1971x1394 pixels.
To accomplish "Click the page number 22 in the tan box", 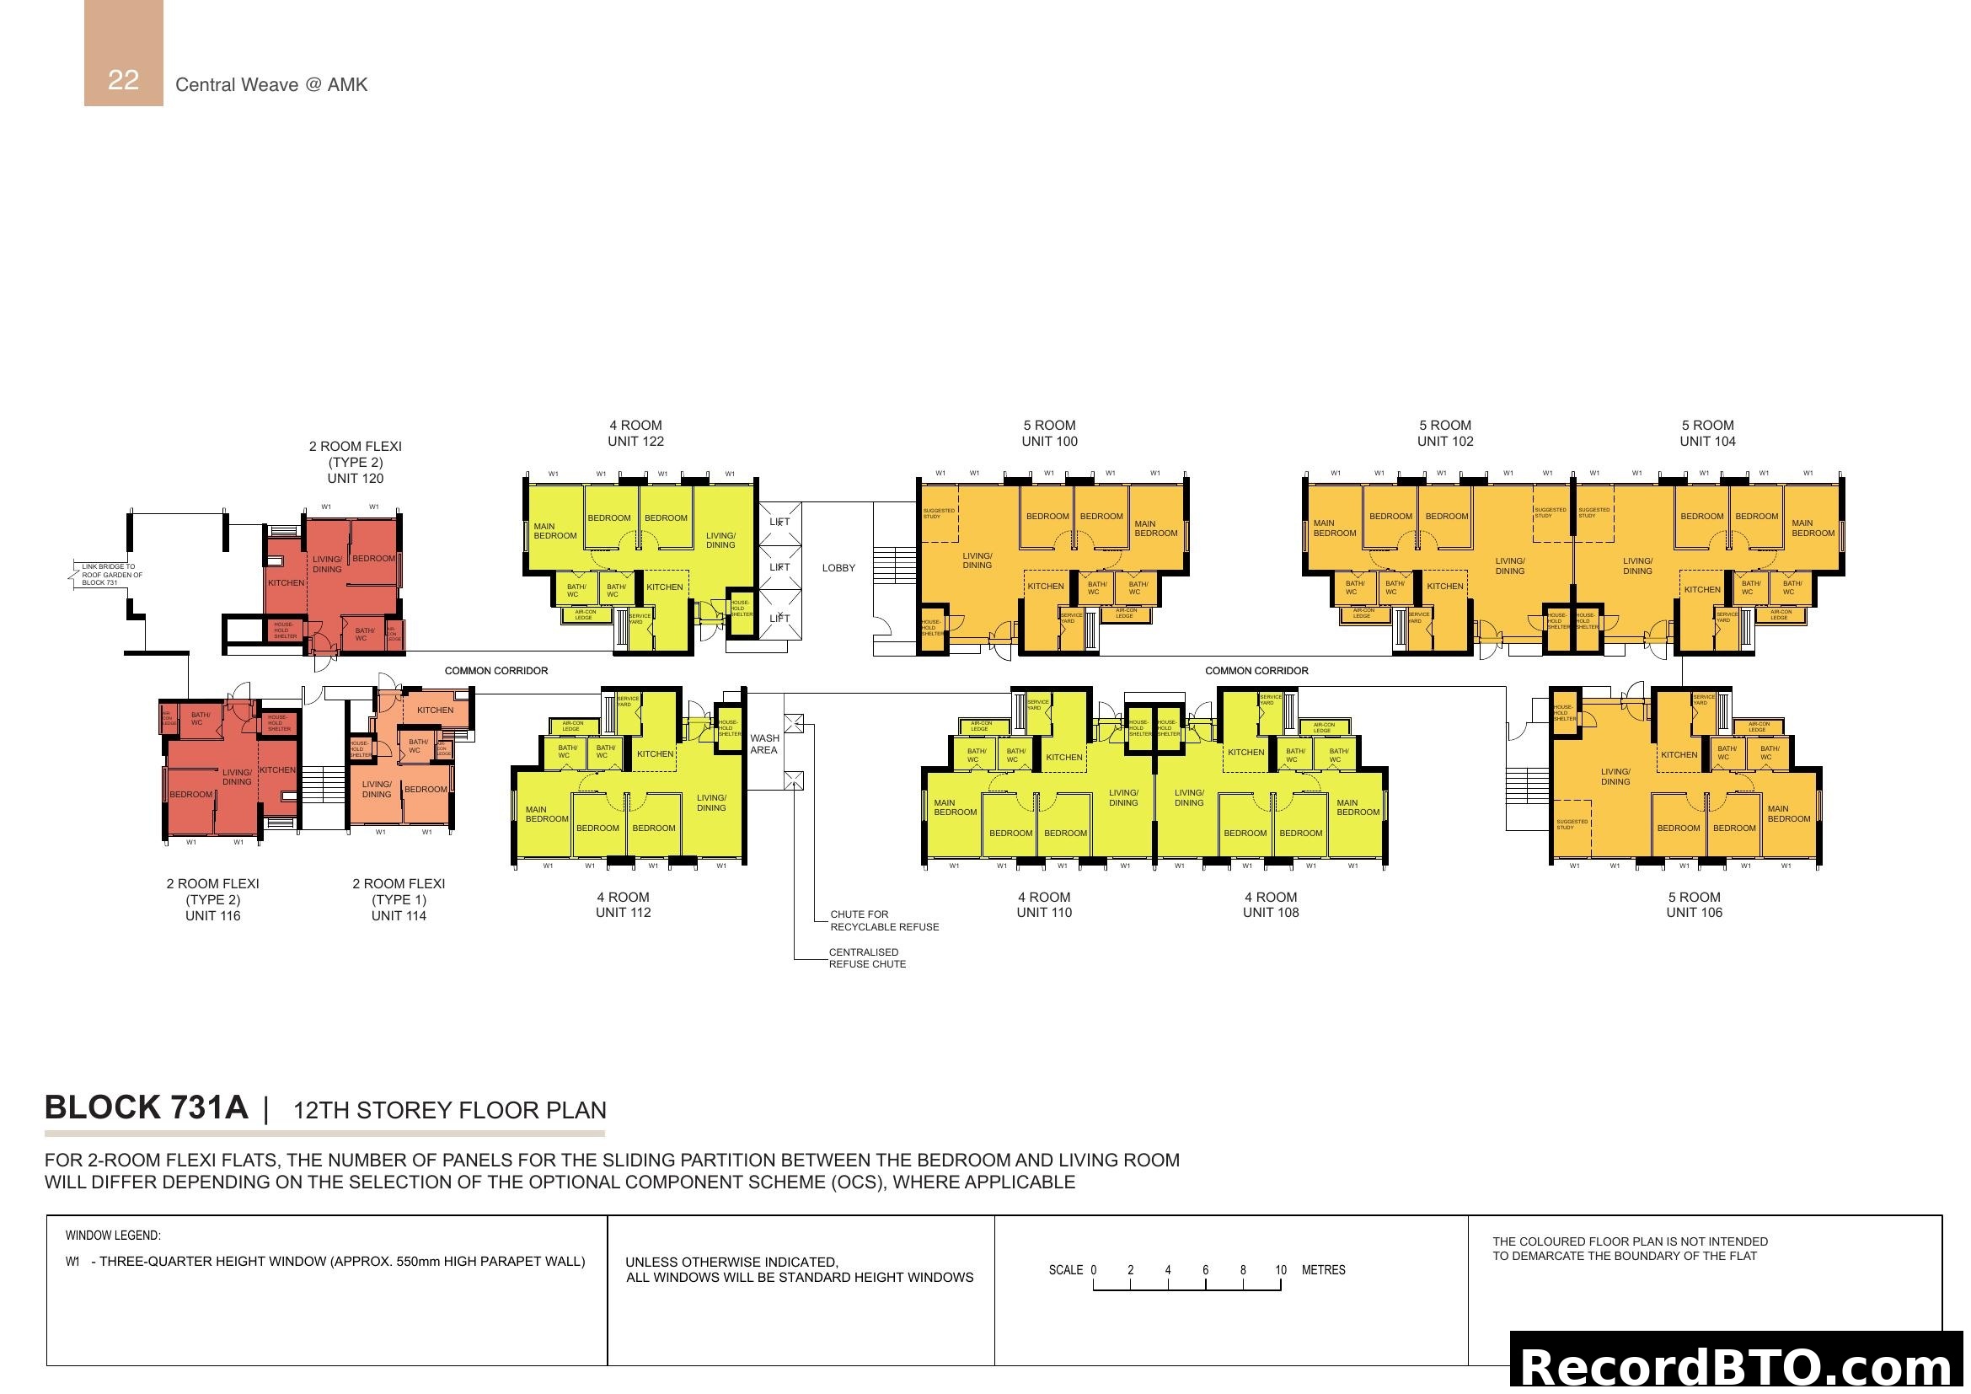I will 123,80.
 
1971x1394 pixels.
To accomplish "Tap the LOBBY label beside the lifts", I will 838,568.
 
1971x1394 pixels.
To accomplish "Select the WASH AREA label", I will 764,744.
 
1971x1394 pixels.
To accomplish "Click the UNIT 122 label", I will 635,441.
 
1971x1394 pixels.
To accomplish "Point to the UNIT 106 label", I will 1694,913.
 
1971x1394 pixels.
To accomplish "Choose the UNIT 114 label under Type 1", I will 399,916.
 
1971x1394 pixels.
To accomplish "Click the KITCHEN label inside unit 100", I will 1045,587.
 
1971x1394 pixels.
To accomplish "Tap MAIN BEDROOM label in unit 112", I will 546,814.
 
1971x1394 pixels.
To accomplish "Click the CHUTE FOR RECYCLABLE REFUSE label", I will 883,921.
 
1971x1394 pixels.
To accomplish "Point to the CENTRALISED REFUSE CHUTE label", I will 866,958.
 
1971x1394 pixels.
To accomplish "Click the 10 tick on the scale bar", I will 1280,1270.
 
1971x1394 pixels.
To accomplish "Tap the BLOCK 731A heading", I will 146,1108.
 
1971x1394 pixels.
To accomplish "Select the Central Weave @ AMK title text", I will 271,85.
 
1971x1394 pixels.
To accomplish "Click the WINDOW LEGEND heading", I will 112,1236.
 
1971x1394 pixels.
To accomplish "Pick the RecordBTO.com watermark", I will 1739,1366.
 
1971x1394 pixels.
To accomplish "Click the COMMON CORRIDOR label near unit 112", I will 495,671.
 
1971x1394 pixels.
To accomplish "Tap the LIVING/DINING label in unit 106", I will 1615,777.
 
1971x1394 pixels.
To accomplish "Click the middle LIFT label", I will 779,567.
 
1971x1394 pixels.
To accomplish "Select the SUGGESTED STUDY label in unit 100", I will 937,513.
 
